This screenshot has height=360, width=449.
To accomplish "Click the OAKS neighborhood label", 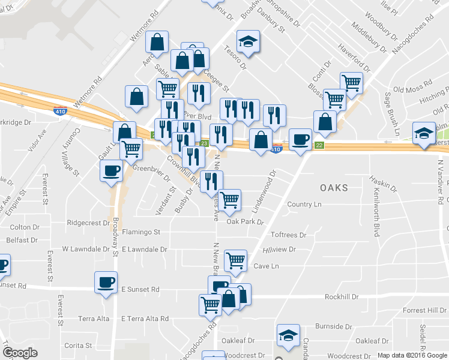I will pos(334,188).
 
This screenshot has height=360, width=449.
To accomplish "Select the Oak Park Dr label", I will pos(245,222).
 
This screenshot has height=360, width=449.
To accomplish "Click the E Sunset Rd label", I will pos(140,289).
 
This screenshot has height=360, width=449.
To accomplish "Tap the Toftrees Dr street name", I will pos(288,235).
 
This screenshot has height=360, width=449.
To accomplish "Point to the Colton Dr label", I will pos(25,227).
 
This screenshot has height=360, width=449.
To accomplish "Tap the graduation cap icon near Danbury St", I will pos(248,41).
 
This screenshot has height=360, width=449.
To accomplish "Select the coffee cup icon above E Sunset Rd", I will pos(106,283).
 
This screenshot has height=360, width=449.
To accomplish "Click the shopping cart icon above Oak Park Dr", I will pos(229,200).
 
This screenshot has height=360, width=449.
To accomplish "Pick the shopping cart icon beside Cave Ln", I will pos(235,261).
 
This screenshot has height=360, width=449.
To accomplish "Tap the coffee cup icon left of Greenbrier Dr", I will pos(110,171).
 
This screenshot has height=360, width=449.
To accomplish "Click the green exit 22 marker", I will pos(319,146).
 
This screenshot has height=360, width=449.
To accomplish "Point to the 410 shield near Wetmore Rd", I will pos(60,111).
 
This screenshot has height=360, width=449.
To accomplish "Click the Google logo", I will pos(20,353).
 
